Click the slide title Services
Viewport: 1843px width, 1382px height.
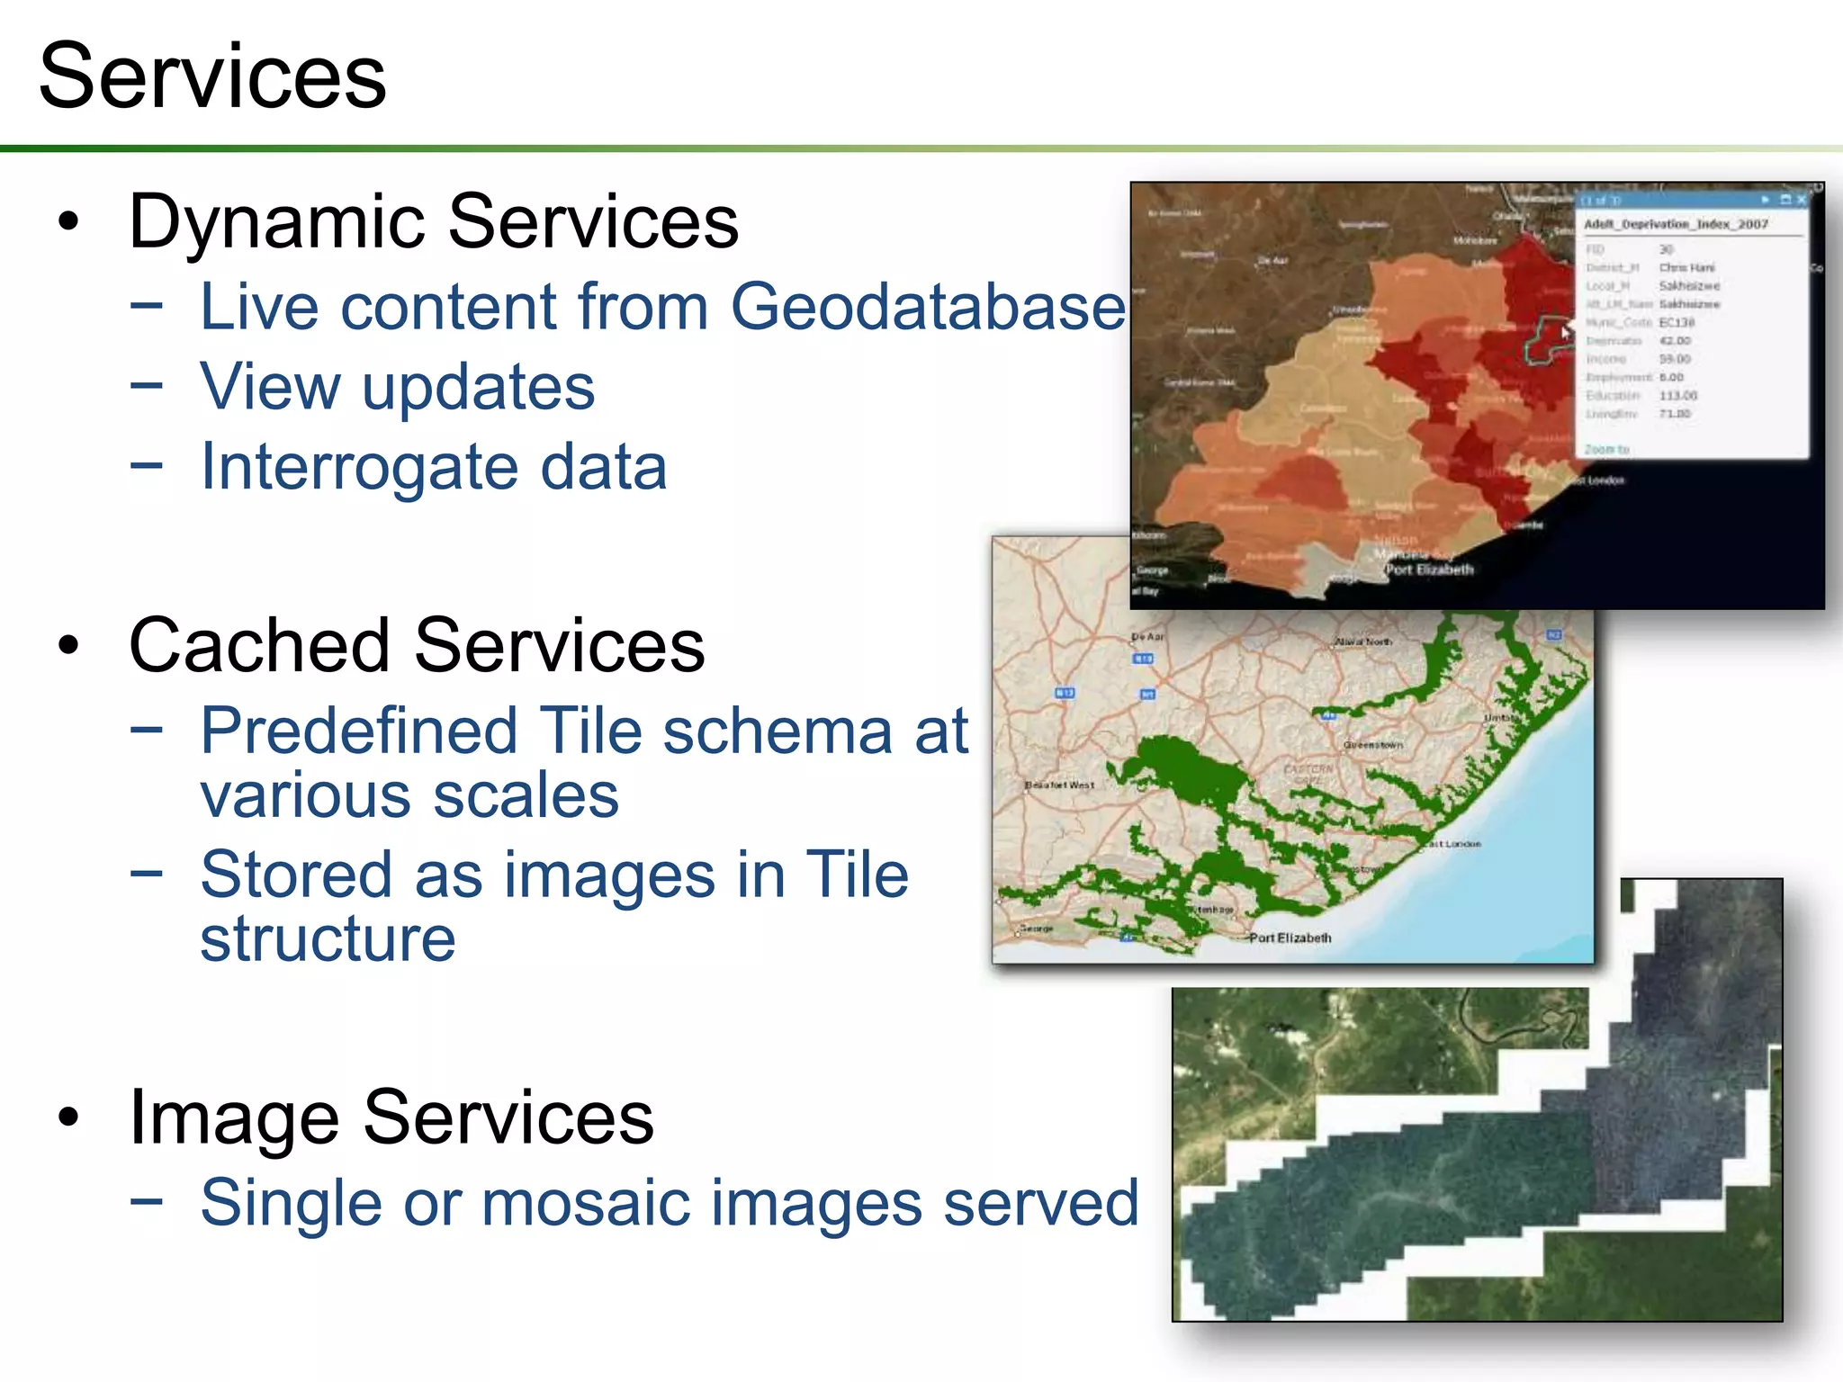[x=212, y=77]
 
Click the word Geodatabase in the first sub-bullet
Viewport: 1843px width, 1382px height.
[x=927, y=308]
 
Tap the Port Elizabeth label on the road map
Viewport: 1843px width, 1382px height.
[x=1290, y=938]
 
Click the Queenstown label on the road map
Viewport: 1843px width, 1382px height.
[x=1372, y=745]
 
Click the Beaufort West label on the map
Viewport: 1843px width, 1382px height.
[x=1059, y=785]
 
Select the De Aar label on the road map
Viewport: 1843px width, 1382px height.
[x=1147, y=637]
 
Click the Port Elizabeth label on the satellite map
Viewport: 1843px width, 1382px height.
[x=1429, y=569]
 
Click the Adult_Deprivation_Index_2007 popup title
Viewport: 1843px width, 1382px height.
[x=1676, y=224]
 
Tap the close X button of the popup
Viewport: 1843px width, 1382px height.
[x=1801, y=200]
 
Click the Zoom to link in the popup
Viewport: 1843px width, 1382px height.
[x=1606, y=448]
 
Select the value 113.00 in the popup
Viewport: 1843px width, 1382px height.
[x=1677, y=395]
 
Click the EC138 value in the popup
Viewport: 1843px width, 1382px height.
[x=1677, y=322]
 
